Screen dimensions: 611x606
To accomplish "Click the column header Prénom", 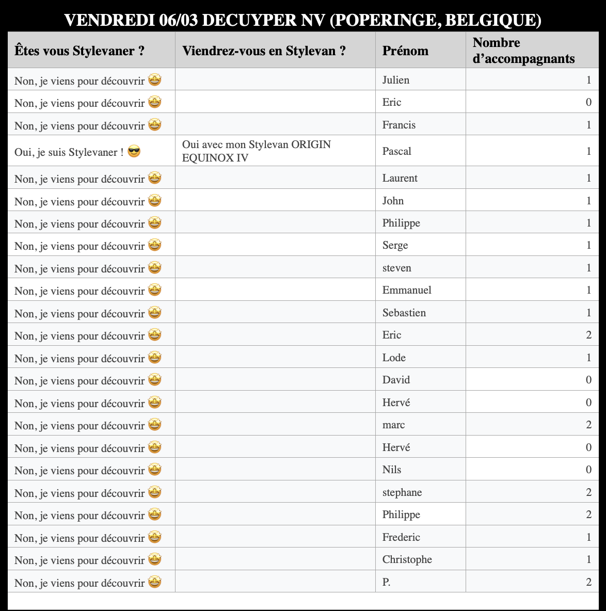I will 405,51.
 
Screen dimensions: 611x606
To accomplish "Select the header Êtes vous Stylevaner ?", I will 79,51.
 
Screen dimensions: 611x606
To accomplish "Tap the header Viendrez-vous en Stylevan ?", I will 264,51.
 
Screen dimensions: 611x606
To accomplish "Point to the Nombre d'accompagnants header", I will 523,51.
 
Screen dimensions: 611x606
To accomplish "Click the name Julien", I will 395,80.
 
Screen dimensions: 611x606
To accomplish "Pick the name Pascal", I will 396,151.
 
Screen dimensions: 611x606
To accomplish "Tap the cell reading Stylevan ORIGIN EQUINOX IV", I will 257,151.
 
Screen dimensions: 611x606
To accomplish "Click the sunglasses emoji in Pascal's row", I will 134,152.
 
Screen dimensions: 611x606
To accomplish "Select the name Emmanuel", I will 407,290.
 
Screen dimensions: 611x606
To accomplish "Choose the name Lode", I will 394,358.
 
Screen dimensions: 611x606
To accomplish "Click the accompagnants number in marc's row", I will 588,425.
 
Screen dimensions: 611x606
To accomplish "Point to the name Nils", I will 392,470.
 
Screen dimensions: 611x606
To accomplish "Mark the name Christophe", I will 407,559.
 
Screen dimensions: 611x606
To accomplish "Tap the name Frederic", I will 401,537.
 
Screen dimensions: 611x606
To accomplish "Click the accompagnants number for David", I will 588,380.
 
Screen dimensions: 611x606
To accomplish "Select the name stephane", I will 402,492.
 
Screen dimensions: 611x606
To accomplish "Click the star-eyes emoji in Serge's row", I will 155,245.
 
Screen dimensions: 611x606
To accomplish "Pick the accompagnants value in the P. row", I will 588,582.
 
